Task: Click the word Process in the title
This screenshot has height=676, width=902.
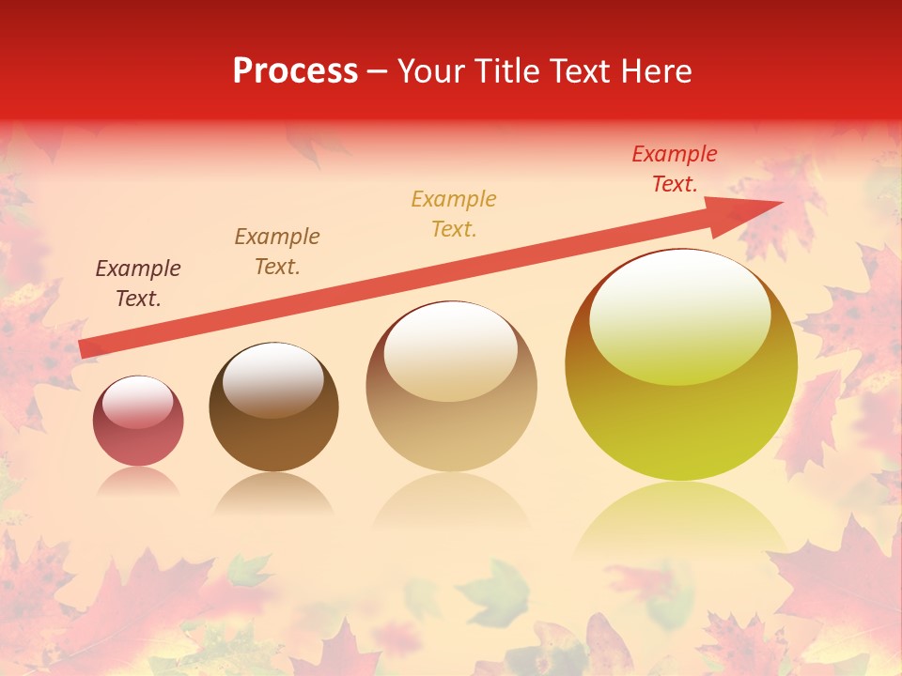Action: (295, 71)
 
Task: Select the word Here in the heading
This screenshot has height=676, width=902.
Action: (657, 71)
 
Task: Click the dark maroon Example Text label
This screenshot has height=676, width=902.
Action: (138, 284)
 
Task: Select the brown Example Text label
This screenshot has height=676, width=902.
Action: (277, 252)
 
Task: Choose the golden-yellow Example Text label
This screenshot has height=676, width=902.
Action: (454, 213)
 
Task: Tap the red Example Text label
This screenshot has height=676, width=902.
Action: (675, 169)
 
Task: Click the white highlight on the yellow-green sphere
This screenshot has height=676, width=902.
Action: (680, 315)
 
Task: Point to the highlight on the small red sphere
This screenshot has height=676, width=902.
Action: (138, 402)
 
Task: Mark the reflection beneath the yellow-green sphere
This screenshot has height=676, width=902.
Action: (680, 516)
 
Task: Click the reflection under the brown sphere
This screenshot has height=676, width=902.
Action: (273, 493)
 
